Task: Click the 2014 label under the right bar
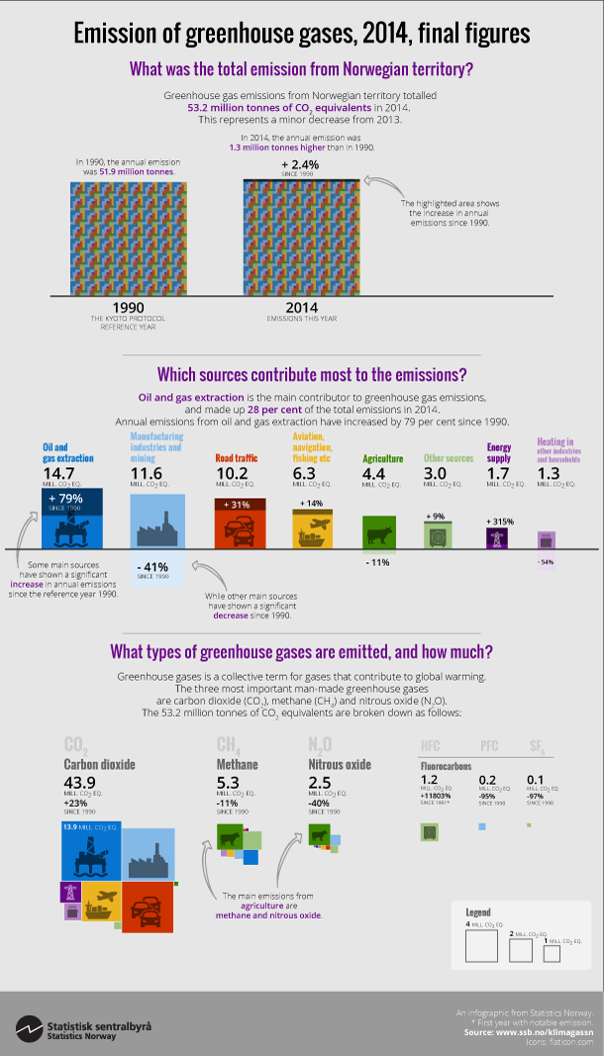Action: (301, 307)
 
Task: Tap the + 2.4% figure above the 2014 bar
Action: (301, 164)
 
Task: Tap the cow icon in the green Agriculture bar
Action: (381, 535)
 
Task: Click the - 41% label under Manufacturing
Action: (156, 567)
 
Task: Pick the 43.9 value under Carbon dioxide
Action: (81, 783)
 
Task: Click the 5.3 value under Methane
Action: (228, 783)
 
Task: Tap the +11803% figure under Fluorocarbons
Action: (438, 794)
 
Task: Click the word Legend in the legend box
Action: (479, 912)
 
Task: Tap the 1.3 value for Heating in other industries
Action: (548, 474)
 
